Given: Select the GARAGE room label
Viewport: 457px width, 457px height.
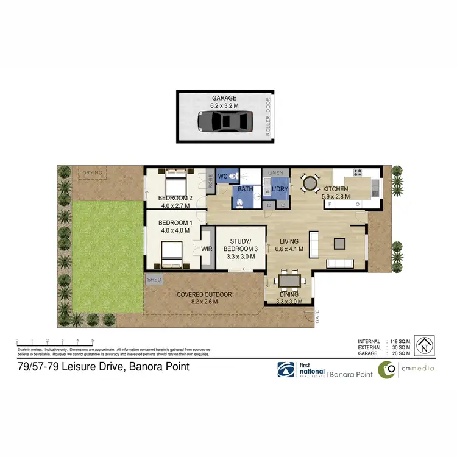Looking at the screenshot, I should point(224,98).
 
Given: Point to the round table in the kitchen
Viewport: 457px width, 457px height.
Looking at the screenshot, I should point(310,182).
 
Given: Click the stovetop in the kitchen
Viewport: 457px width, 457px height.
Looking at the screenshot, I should point(357,172).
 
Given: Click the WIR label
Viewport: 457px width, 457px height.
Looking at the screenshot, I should point(206,248).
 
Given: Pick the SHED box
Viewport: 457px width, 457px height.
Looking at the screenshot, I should point(152,279).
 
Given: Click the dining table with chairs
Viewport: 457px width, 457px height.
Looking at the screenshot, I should point(288,281).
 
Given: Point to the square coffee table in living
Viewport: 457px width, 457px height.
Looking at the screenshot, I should point(340,244).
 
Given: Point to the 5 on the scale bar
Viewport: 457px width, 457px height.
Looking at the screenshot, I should point(93,341).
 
